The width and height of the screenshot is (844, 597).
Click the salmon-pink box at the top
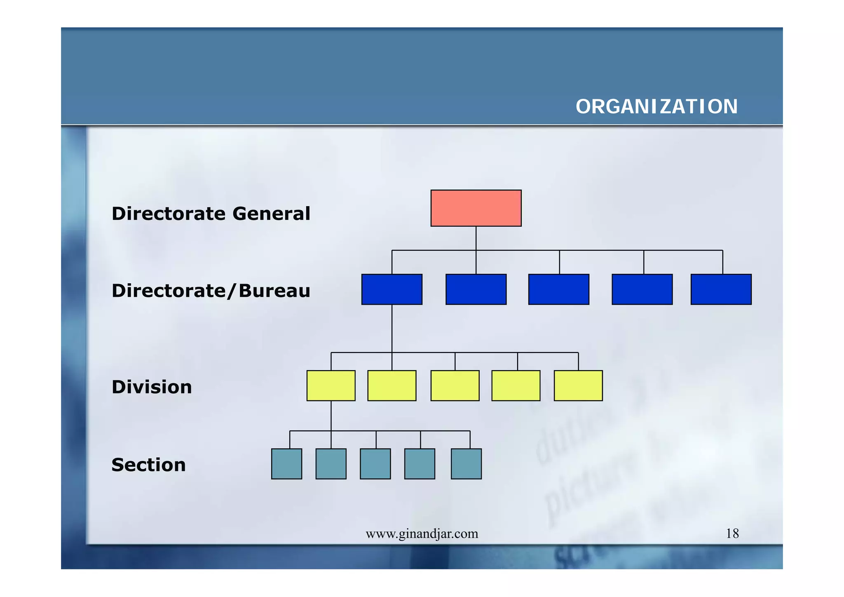coord(476,208)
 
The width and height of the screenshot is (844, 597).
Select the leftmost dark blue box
coord(392,289)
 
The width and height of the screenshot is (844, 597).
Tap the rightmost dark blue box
coord(721,289)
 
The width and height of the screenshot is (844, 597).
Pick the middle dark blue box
coord(558,289)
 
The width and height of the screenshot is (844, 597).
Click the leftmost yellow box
coord(331,385)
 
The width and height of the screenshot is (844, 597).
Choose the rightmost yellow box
coord(578,385)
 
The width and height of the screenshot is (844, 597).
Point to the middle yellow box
coord(455,385)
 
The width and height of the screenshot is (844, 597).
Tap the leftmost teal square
coord(286,464)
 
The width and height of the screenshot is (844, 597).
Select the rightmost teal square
coord(466,464)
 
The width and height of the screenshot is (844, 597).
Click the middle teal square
coord(375,464)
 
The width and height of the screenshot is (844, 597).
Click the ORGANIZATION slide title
coord(656,107)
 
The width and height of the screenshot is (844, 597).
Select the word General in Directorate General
coord(271,214)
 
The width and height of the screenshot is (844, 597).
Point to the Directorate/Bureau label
coord(211,291)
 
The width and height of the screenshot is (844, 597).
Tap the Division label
coord(152,387)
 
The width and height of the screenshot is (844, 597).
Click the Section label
coord(148,465)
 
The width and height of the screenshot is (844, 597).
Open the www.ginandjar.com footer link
coord(422,534)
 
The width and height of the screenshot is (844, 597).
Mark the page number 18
coord(732,534)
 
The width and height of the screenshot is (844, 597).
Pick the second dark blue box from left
coord(476,289)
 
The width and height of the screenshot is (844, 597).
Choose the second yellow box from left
coord(392,385)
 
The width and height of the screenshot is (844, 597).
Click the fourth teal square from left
coord(420,464)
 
